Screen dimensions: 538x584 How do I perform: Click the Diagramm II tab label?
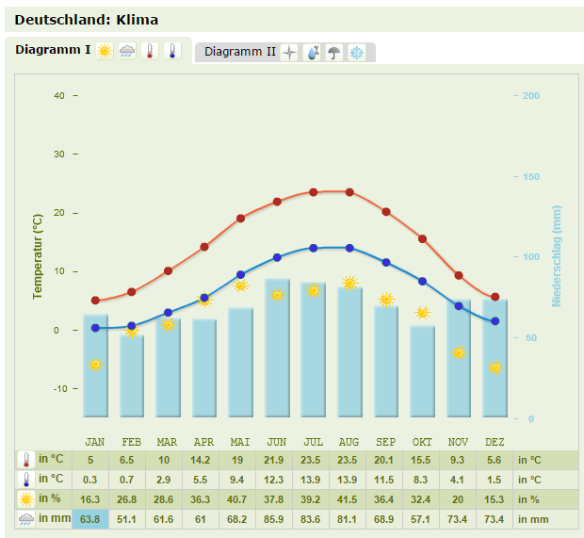point(240,52)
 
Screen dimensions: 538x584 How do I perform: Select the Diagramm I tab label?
point(53,50)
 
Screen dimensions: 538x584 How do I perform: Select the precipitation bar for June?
point(277,349)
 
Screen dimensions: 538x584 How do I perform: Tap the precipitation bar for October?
point(422,371)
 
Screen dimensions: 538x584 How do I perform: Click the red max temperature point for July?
point(314,192)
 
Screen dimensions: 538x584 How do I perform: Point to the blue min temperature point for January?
point(95,328)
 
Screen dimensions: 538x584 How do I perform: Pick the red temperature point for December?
point(495,297)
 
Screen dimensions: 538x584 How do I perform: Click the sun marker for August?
point(349,283)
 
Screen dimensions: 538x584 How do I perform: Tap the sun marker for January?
point(95,365)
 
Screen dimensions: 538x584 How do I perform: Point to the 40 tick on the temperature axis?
point(59,95)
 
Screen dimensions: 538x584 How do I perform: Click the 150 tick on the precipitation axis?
point(530,176)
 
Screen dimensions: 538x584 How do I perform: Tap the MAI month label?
point(240,442)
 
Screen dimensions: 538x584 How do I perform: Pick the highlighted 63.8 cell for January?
point(90,519)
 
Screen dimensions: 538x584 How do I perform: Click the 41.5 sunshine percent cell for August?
point(349,499)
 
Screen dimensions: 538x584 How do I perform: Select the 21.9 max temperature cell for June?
point(277,460)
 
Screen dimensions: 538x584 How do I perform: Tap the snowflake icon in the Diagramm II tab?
point(358,53)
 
